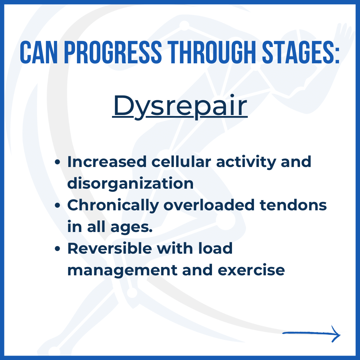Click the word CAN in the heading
pos(39,52)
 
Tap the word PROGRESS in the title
pos(113,52)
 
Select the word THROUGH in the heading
pos(212,52)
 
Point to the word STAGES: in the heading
pos(301,52)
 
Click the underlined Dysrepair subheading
pos(180,107)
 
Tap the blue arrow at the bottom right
pos(311,334)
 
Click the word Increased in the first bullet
pos(107,162)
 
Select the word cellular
pos(181,162)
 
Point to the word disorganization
pos(130,184)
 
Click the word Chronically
pos(113,206)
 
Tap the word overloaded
pos(209,205)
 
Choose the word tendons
pos(293,205)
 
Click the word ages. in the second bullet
pos(132,228)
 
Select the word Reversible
pos(110,248)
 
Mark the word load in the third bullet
pos(215,248)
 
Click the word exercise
pos(251,270)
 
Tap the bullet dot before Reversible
pos(57,249)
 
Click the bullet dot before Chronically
pos(57,205)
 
